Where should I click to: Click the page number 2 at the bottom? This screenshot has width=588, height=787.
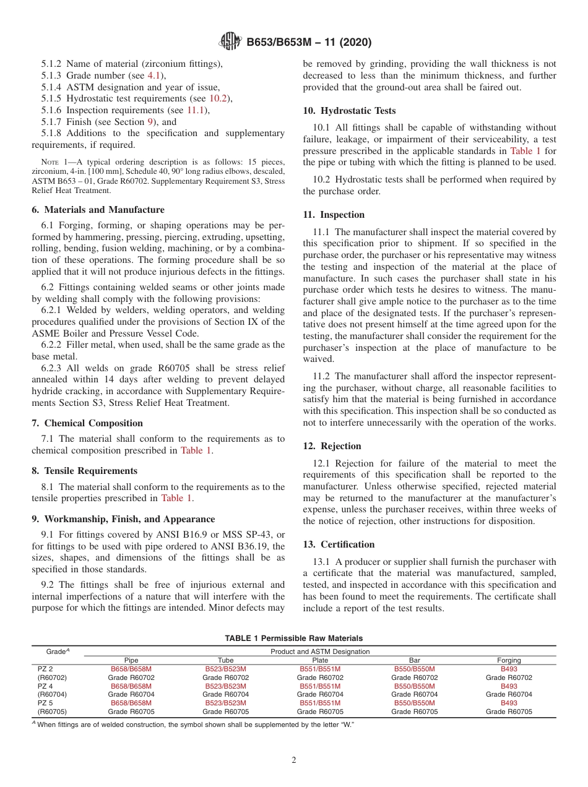294,760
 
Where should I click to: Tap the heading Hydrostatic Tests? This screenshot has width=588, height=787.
349,111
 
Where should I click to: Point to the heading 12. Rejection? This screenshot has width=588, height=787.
332,446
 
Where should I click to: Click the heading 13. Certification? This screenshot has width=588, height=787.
339,544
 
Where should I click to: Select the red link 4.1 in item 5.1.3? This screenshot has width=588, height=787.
153,75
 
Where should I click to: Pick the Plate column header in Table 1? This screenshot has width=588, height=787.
320,660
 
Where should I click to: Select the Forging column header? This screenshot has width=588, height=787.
509,660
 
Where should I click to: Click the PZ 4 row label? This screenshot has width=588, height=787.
45,686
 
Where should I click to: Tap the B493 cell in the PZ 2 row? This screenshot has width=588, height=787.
509,669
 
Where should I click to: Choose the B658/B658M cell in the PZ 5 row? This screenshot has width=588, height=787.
131,703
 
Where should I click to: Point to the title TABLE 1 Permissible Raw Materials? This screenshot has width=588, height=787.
294,638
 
